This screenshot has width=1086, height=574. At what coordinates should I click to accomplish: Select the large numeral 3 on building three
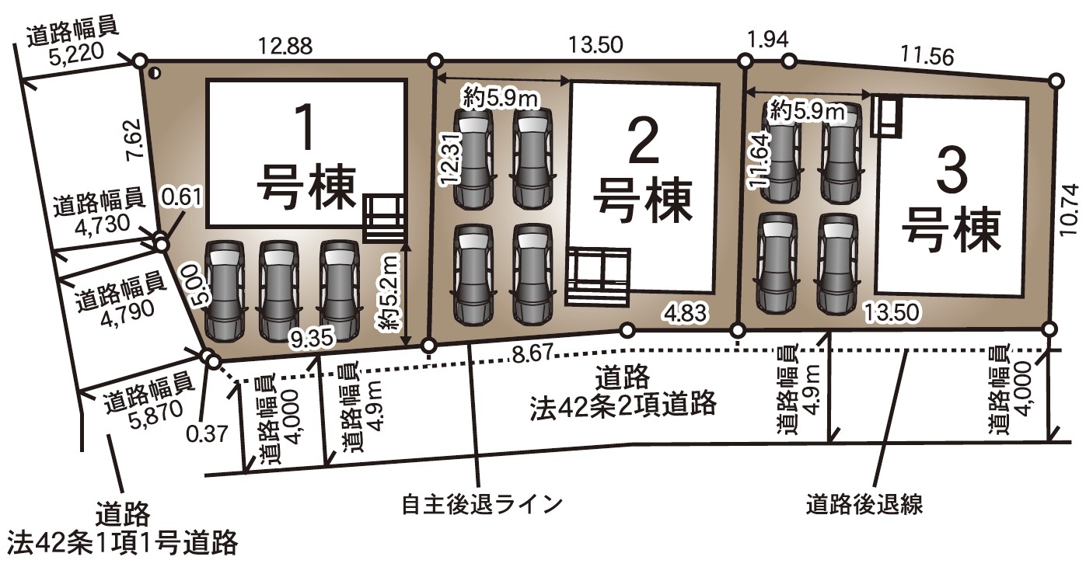[951, 176]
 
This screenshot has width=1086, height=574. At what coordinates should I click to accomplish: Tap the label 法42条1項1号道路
[121, 542]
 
